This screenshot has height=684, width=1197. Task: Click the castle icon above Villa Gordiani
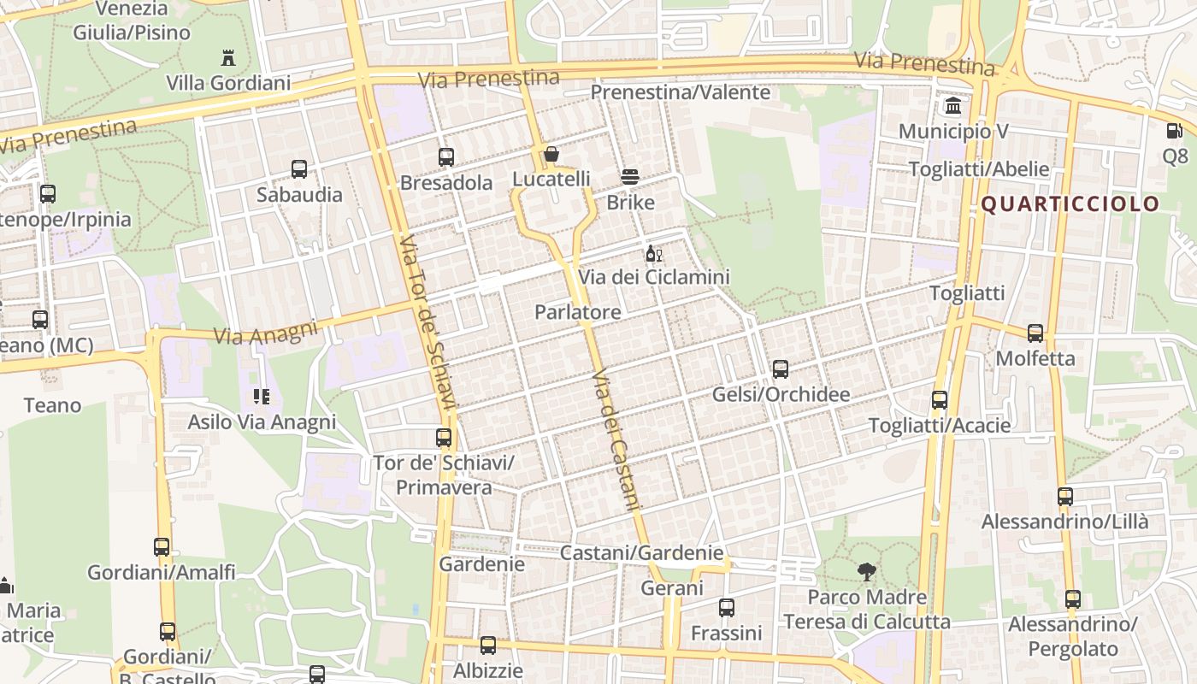[x=228, y=58]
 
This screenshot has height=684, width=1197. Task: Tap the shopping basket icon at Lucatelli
[x=551, y=155]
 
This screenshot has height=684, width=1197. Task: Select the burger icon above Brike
[x=630, y=177]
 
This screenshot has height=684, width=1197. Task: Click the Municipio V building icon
[x=952, y=106]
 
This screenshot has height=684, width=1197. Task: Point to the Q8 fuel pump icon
[x=1175, y=132]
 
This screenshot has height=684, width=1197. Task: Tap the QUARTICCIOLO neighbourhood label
[x=1069, y=204]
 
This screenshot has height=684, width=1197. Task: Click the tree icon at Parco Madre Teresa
[x=867, y=572]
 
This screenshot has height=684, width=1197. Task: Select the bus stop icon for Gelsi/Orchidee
[x=781, y=369]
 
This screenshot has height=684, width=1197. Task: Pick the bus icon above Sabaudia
[x=299, y=169]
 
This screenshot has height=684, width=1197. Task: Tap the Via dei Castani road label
[x=616, y=439]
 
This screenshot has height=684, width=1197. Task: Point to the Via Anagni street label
[x=265, y=332]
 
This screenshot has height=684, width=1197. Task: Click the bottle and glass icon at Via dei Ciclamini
[x=654, y=253]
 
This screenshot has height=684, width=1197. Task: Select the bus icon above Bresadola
[x=445, y=157]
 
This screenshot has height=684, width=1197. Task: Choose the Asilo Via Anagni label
[x=262, y=422]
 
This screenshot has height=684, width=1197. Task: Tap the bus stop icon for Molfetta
[x=1035, y=333]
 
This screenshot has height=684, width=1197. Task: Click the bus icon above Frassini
[x=727, y=608]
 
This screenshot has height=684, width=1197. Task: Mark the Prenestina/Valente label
[x=681, y=91]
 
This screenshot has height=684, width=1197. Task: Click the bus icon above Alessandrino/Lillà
[x=1065, y=497]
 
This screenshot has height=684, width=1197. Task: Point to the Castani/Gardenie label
[x=641, y=553]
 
